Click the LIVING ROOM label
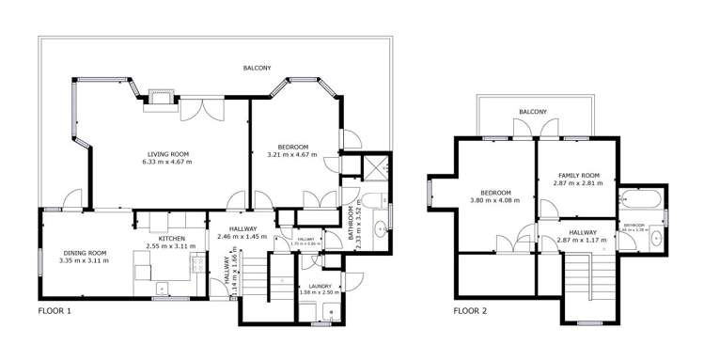coord(168,153)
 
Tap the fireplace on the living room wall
coord(157,99)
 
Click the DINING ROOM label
coord(86,252)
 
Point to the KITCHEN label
coord(171,239)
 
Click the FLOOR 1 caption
coord(55,310)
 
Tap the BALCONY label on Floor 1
coord(257,68)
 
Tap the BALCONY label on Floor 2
coord(532,113)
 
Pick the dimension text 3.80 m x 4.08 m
coord(495,200)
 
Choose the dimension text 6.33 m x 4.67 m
coord(168,162)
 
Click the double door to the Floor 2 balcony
coord(537,137)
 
